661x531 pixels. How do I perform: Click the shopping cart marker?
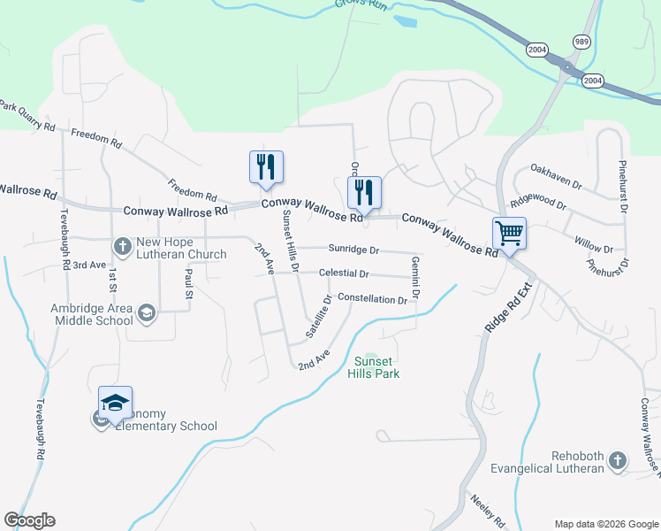click(509, 234)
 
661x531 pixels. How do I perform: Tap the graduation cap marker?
click(115, 404)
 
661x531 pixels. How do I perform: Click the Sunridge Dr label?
click(353, 250)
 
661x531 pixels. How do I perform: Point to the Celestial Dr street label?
click(344, 274)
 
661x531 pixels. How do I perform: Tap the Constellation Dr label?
click(372, 299)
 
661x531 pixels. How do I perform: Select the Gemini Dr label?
click(415, 276)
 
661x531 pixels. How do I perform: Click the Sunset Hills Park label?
click(377, 367)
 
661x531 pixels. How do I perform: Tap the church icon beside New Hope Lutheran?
click(123, 245)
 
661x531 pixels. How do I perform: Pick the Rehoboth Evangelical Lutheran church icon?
click(617, 460)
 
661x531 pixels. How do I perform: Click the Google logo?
click(29, 520)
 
